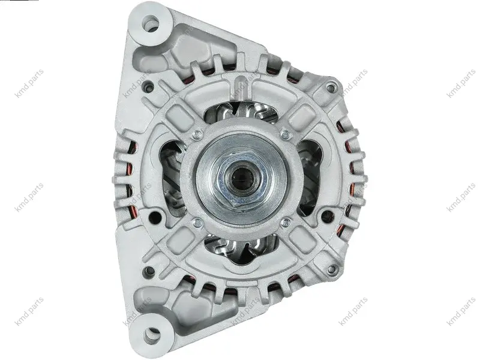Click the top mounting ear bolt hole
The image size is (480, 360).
[x=151, y=23]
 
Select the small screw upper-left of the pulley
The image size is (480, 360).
[x=198, y=133]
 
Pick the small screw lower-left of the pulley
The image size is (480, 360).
[x=198, y=223]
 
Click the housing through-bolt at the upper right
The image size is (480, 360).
[x=331, y=88]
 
